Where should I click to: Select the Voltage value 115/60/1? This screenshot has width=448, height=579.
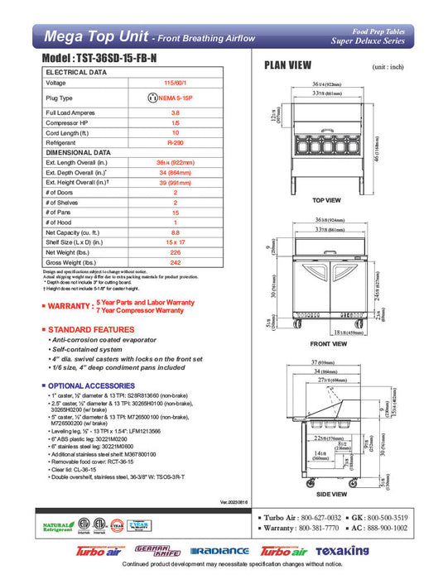pos(175,83)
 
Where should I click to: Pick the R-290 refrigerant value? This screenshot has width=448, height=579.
pos(175,141)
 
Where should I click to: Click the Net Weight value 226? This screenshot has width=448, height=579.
pos(175,251)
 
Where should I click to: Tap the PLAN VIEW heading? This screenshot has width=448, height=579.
pos(287,65)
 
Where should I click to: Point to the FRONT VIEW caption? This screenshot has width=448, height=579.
pos(328,342)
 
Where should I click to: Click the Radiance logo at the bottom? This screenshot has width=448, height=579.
pos(219,552)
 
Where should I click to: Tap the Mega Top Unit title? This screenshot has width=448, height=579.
pos(94,36)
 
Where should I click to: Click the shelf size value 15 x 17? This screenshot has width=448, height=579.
pos(175,242)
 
